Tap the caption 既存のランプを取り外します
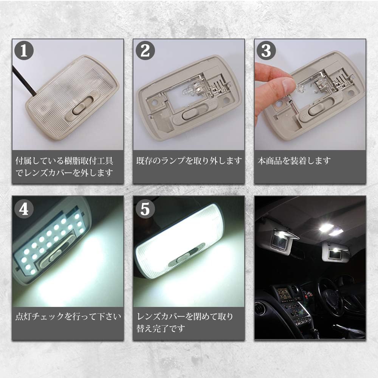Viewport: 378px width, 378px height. pos(189,161)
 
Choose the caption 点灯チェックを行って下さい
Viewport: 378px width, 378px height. pos(68,316)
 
